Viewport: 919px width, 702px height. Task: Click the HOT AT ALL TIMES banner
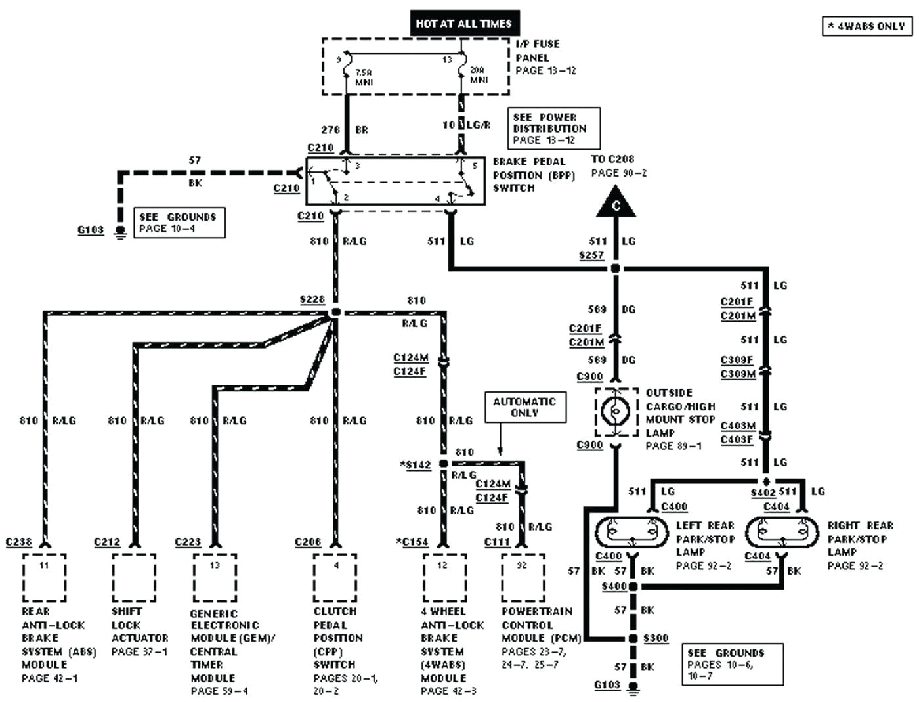(464, 24)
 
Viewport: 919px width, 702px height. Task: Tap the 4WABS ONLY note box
(867, 26)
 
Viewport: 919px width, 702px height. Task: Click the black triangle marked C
(616, 204)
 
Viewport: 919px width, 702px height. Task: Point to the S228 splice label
(312, 299)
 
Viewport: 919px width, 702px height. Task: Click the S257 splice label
(591, 255)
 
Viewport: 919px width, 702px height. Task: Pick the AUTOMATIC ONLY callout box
(524, 408)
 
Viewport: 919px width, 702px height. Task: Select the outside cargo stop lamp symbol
(616, 412)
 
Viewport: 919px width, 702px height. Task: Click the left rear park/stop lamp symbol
(633, 531)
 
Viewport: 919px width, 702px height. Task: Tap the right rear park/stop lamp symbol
(783, 531)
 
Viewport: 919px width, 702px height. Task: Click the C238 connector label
(18, 542)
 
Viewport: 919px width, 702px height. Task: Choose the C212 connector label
(107, 542)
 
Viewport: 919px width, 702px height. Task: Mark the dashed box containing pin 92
(523, 577)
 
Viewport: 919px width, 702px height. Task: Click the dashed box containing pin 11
(45, 577)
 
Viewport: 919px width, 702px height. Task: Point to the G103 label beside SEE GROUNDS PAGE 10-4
(91, 230)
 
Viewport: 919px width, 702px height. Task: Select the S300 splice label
(656, 638)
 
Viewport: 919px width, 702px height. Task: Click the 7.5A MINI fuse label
(364, 77)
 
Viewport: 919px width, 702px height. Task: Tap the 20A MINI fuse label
(479, 75)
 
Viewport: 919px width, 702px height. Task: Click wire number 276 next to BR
(330, 130)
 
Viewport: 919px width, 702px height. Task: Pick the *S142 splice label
(416, 465)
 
